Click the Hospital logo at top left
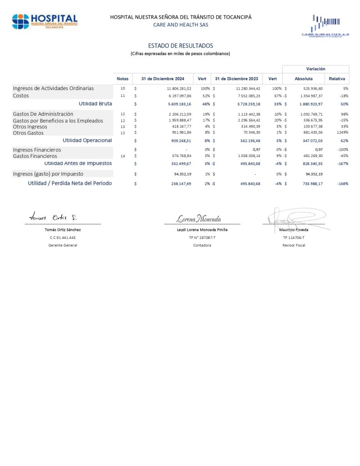45,21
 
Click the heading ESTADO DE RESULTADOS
180,46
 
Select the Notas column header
122,79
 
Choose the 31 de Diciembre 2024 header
162,79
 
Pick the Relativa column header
337,79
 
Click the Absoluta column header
304,79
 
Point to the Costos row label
21,96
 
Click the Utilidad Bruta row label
96,104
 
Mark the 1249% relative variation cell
342,133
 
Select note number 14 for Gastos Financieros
122,156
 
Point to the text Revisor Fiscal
294,245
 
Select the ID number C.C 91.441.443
63,238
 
